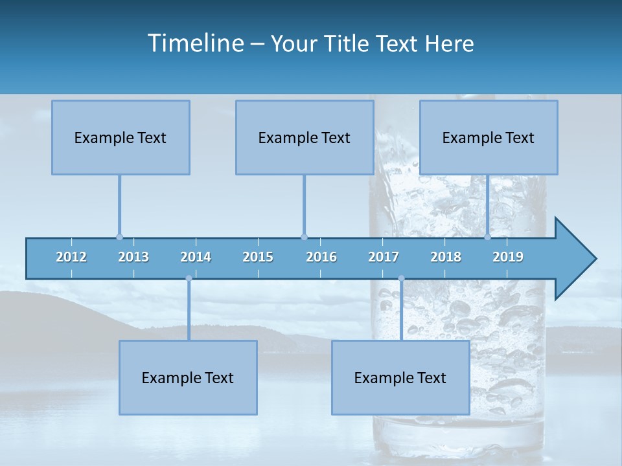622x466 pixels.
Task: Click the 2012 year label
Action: [x=71, y=257]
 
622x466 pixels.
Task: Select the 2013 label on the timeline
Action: [x=133, y=257]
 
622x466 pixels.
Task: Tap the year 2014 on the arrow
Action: [x=196, y=257]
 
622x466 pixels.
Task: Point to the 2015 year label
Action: [x=258, y=257]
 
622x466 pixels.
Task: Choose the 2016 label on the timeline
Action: [x=321, y=257]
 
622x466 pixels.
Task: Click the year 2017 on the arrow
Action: [x=384, y=257]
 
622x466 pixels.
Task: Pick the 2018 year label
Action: [x=446, y=257]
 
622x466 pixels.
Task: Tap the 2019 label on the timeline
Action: [x=508, y=257]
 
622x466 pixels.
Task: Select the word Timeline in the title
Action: [x=195, y=43]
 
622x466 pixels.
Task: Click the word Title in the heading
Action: [x=349, y=44]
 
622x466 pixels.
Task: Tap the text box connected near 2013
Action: [x=121, y=137]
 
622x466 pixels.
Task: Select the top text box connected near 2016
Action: [x=305, y=137]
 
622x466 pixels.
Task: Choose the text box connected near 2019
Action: [x=489, y=137]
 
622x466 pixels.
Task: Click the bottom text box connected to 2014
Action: [x=188, y=377]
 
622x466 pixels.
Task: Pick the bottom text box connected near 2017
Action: [x=400, y=377]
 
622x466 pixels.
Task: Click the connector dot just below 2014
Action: [x=189, y=279]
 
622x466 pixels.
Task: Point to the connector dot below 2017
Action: [x=401, y=279]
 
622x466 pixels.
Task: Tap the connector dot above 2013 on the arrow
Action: [x=119, y=237]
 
